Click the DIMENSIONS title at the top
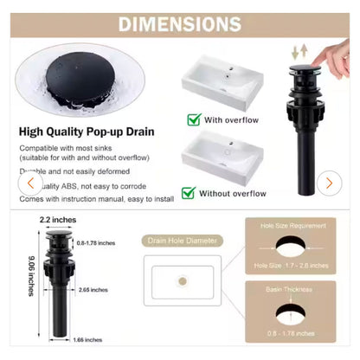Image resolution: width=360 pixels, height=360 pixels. [180, 23]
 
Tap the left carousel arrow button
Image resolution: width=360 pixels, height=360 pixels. [31, 183]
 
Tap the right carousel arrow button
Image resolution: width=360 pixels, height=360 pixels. [328, 183]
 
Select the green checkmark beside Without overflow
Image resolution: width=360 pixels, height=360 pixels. [189, 193]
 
